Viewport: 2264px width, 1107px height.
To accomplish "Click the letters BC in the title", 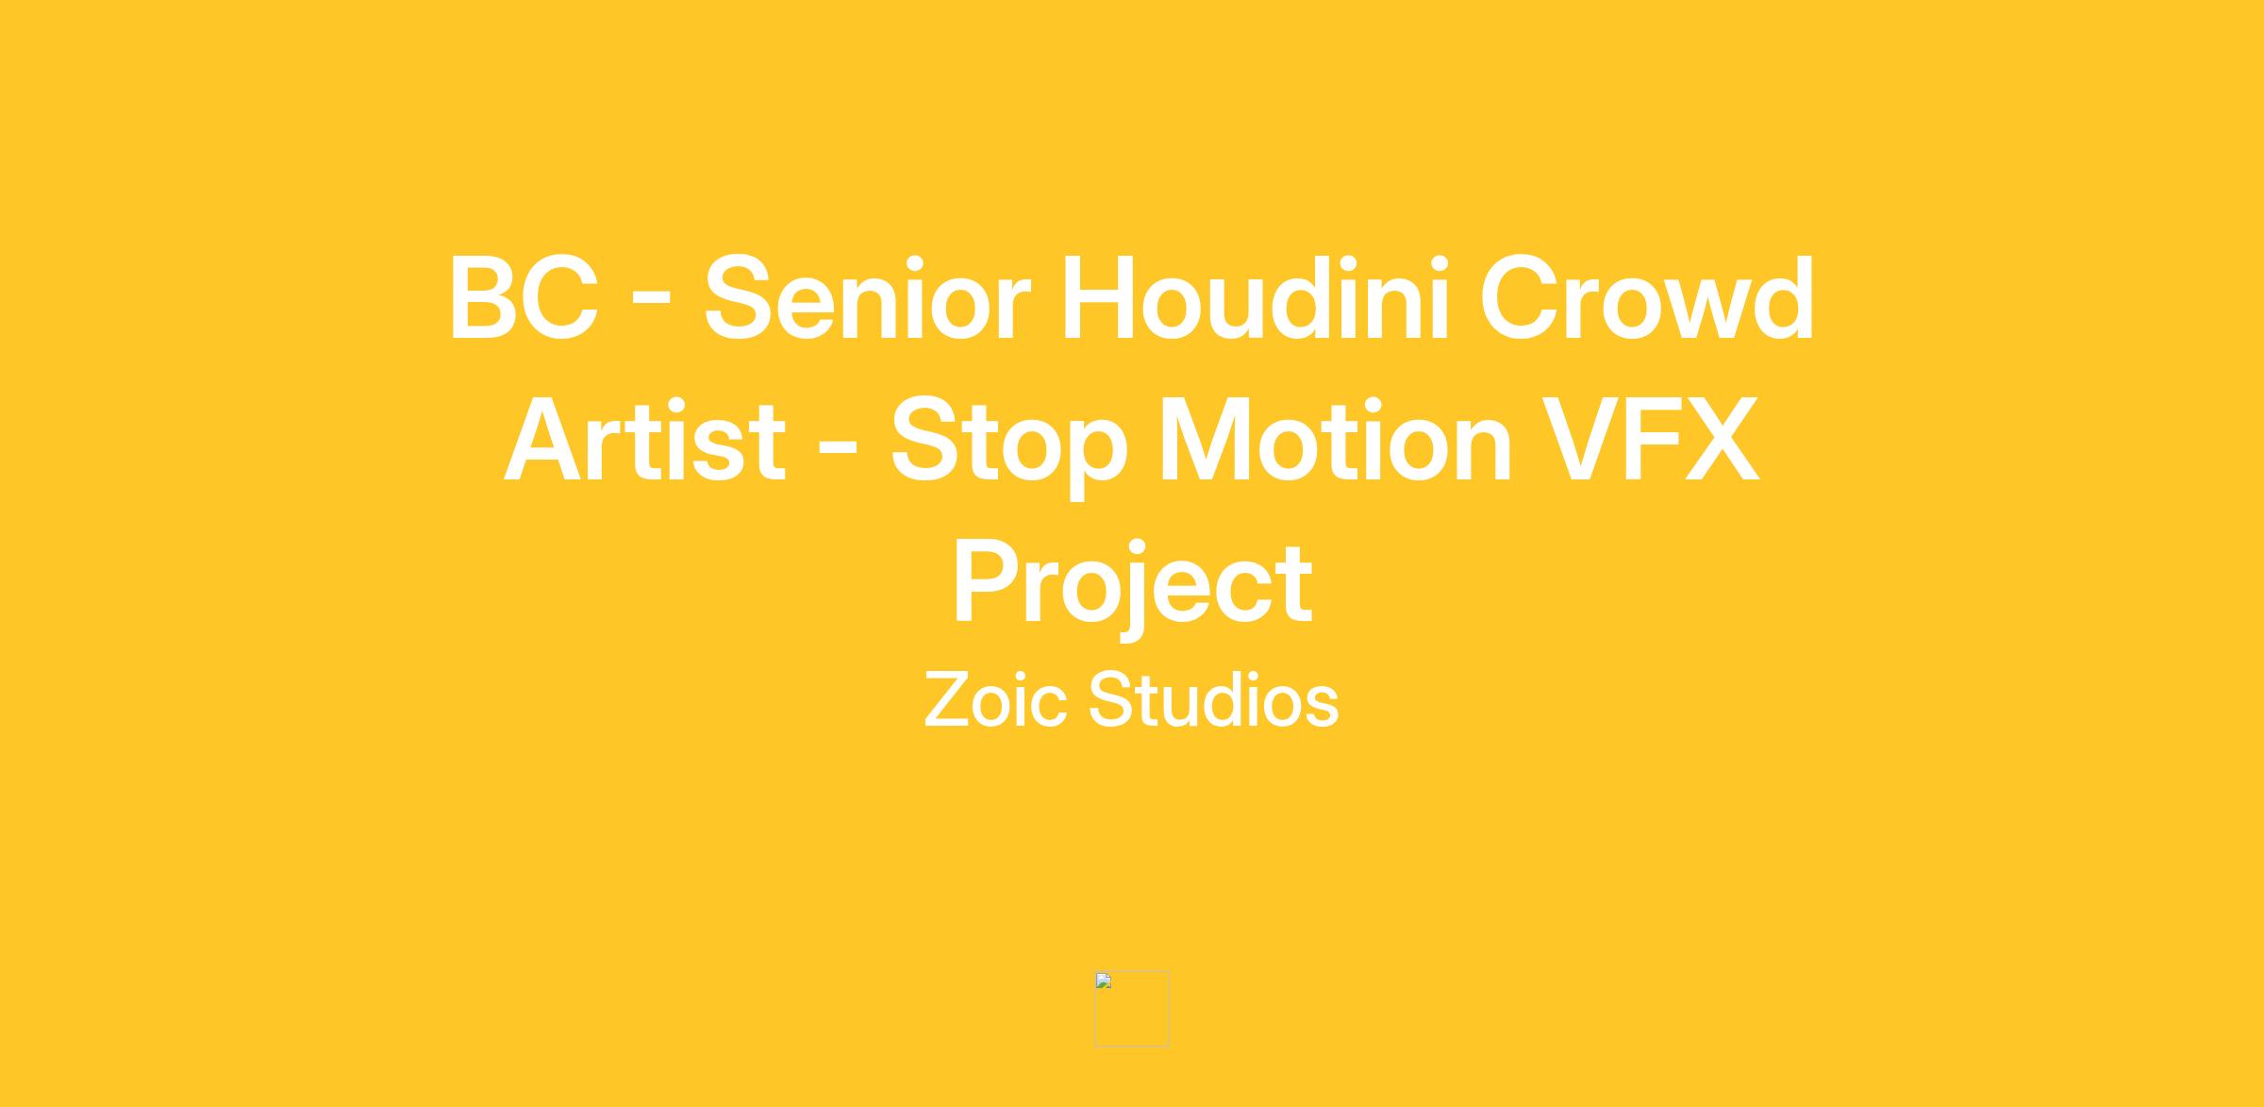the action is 524,298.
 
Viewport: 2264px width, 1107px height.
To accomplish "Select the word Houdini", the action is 1256,296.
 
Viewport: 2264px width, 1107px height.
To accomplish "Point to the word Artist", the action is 645,440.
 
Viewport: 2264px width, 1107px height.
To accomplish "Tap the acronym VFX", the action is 1651,440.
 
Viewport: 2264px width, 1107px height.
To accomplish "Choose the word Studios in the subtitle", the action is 1213,700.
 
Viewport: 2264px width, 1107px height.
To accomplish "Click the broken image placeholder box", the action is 1132,1009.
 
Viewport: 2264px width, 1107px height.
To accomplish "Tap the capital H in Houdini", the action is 1100,298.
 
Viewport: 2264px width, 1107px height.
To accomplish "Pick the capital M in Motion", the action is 1202,440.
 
